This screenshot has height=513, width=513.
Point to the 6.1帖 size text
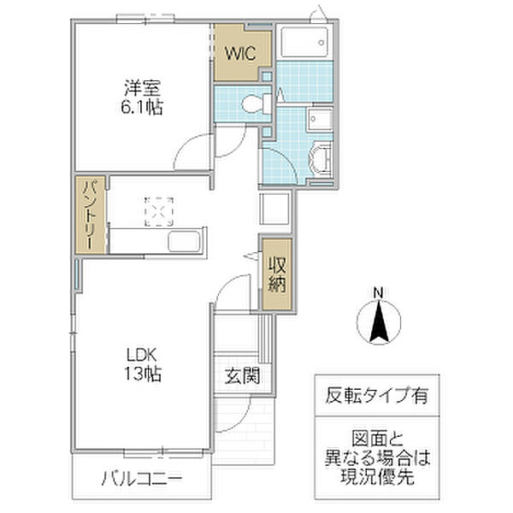pyautogui.click(x=143, y=108)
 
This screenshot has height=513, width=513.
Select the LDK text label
pyautogui.click(x=143, y=354)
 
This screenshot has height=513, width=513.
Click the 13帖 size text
pyautogui.click(x=143, y=374)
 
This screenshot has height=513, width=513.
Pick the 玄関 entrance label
pyautogui.click(x=243, y=374)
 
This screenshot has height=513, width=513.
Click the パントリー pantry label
pyautogui.click(x=90, y=215)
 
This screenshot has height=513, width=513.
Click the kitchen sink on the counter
pyautogui.click(x=185, y=242)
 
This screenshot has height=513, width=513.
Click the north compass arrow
pyautogui.click(x=377, y=324)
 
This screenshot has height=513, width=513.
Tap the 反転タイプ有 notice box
pyautogui.click(x=376, y=396)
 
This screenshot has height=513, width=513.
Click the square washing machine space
pyautogui.click(x=275, y=209)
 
